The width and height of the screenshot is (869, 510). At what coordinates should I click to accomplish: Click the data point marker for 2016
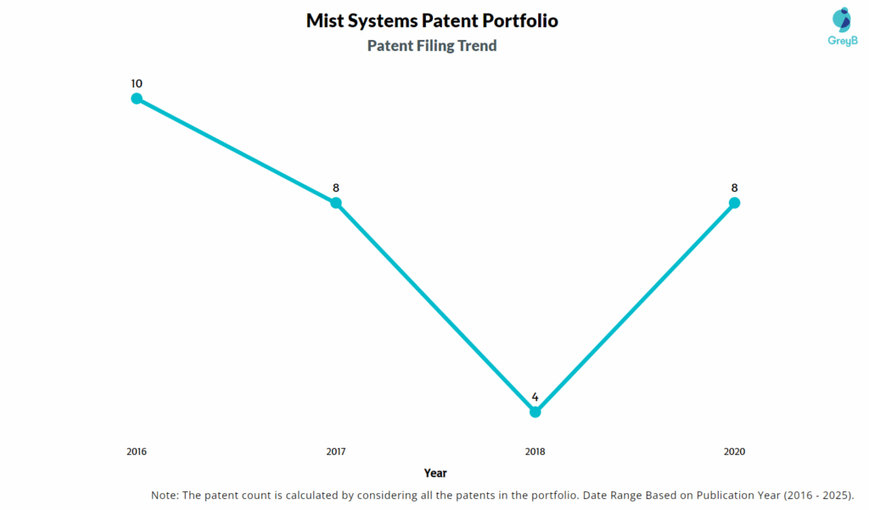pos(137,98)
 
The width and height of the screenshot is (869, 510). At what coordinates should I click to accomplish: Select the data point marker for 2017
pos(336,203)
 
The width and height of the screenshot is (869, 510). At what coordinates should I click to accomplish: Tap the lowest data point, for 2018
pos(535,412)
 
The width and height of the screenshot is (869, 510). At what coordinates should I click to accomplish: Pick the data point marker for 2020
pos(735,203)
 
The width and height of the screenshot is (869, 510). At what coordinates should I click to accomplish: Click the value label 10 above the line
pos(137,83)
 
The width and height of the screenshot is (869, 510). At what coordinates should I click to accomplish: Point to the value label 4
pos(535,396)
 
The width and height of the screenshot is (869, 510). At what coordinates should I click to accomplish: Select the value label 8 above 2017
pos(336,188)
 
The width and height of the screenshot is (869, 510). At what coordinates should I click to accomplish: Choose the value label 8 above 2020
pos(735,188)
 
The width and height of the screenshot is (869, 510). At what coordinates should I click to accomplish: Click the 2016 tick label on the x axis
pos(137,451)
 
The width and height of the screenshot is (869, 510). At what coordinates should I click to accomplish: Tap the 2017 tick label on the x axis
pos(336,451)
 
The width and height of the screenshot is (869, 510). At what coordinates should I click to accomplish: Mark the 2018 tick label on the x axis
pos(535,451)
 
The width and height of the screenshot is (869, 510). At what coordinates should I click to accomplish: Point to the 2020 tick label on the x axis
pos(735,451)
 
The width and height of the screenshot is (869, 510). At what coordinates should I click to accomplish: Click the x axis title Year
pos(435,473)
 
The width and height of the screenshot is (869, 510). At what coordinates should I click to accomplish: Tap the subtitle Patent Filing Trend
pos(432,46)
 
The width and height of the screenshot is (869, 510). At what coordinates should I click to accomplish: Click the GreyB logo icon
pos(842,20)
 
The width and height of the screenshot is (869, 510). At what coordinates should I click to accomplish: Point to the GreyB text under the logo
pos(842,41)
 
